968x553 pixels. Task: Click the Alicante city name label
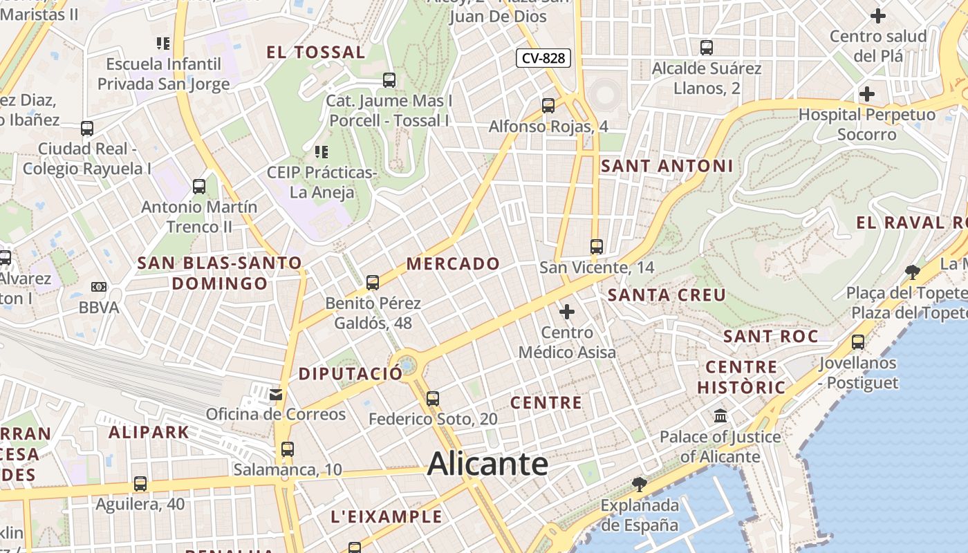coord(487,464)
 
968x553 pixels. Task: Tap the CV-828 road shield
coord(543,58)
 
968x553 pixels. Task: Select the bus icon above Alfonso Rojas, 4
coord(548,106)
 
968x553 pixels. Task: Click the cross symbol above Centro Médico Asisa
coord(567,312)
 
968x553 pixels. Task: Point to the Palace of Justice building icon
coord(720,416)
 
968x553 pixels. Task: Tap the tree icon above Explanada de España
coord(640,484)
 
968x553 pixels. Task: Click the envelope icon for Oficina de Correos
coord(276,394)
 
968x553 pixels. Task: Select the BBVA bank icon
coord(99,287)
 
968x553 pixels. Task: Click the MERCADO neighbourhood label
coord(453,263)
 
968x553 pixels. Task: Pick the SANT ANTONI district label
coord(667,166)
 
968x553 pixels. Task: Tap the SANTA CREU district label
coord(667,295)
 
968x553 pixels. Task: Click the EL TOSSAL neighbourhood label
coord(316,53)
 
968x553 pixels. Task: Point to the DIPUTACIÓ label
coord(350,374)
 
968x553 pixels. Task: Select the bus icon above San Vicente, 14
coord(597,246)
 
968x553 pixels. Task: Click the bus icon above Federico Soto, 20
coord(433,398)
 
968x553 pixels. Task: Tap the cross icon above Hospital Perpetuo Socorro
coord(866,94)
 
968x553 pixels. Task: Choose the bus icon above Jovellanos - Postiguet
coord(858,341)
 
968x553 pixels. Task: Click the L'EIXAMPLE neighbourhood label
coord(386,516)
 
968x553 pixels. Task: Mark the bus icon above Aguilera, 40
coord(140,484)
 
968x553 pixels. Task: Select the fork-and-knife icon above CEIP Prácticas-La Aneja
coord(321,151)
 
